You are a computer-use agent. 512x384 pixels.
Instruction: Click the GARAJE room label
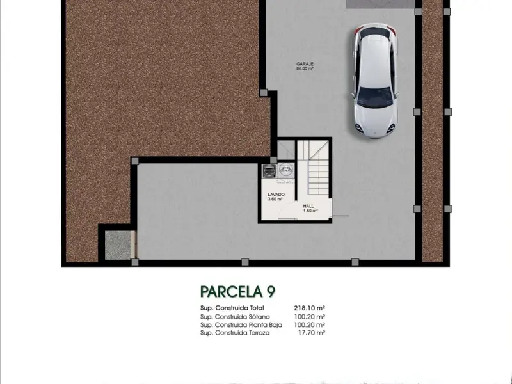click(305, 64)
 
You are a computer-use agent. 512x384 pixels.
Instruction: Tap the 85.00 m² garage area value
click(305, 68)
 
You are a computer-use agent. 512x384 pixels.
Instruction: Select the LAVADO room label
click(276, 195)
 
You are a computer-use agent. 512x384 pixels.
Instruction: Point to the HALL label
click(308, 206)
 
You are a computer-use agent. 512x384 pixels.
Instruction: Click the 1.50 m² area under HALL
click(310, 211)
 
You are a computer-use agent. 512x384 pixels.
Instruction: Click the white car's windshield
click(375, 97)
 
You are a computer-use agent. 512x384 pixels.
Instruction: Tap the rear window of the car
click(374, 33)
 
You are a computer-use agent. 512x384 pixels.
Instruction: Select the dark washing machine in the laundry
click(269, 172)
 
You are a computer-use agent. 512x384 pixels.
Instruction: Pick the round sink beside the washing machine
click(286, 169)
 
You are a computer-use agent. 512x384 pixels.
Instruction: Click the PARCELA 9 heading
click(237, 292)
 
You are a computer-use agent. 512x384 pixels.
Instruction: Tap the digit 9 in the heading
click(271, 292)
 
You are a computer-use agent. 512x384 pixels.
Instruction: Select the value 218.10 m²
click(309, 308)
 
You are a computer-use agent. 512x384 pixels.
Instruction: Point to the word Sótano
click(259, 317)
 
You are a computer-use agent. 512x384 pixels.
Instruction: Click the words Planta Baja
click(266, 325)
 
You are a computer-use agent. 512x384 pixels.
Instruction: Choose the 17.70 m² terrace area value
click(311, 333)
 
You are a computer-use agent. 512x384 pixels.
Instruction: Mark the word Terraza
click(259, 333)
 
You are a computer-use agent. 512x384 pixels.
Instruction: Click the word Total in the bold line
click(257, 308)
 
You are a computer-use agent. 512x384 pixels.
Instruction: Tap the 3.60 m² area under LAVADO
click(275, 199)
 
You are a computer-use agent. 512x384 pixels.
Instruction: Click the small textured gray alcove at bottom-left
click(118, 245)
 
